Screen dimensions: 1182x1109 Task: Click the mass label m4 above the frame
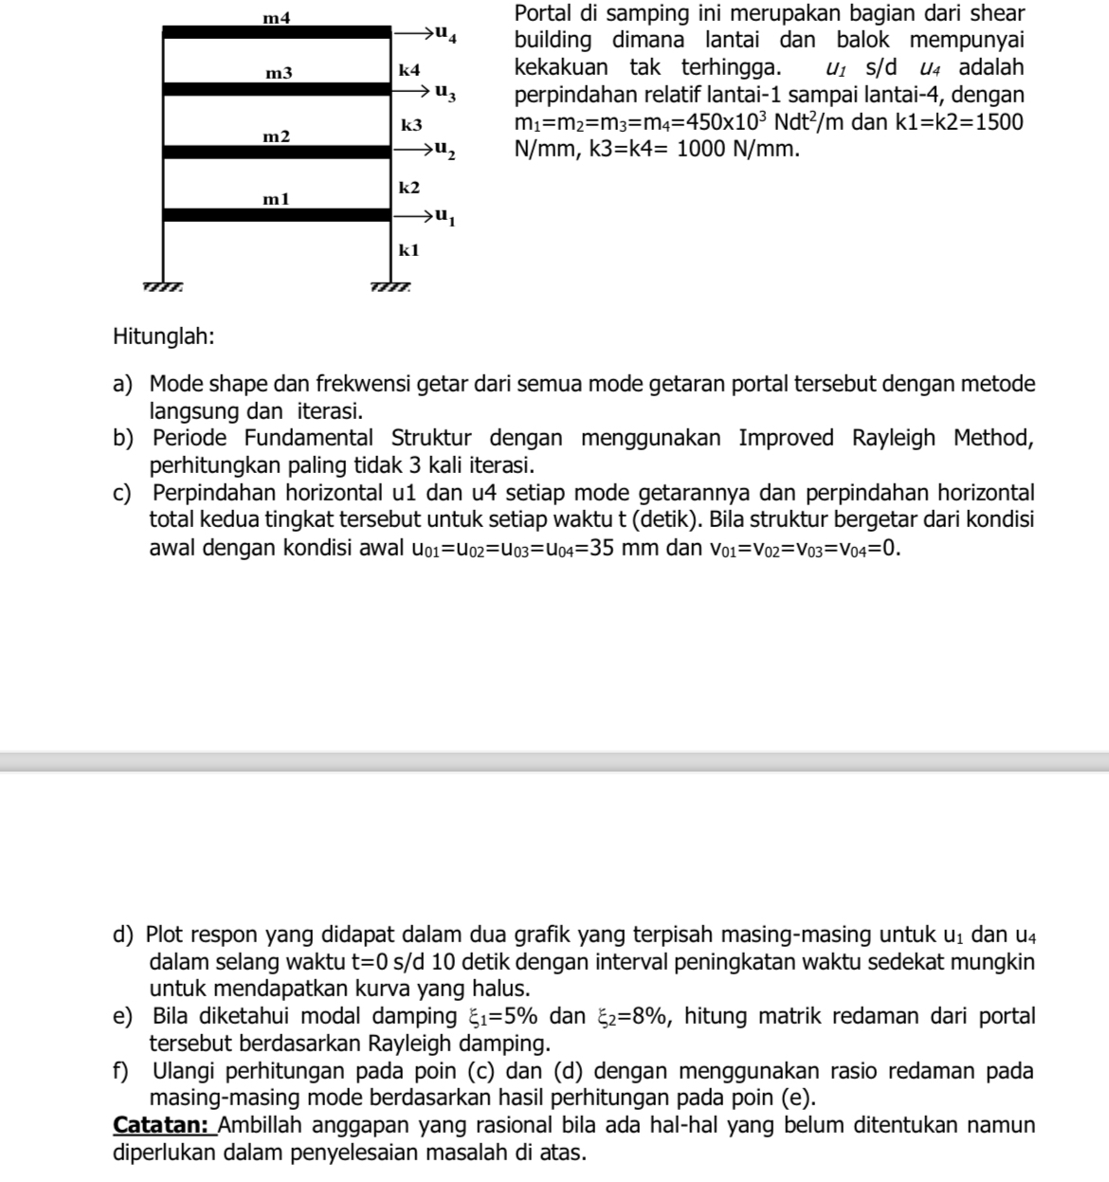coord(277,17)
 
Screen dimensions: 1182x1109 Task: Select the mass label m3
coord(279,73)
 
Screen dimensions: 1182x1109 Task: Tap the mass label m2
coord(277,136)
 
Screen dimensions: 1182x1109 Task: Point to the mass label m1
coord(277,199)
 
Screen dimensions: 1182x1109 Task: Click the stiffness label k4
coord(409,70)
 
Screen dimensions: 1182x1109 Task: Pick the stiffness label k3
coord(411,125)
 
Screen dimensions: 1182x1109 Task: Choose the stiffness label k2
coord(409,187)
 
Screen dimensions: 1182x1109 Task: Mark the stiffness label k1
coord(409,250)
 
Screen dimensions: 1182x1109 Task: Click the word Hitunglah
coord(163,336)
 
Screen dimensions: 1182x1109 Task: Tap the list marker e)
coord(122,1017)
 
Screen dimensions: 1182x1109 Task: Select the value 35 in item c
coord(603,548)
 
